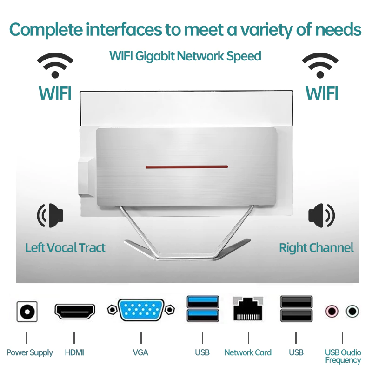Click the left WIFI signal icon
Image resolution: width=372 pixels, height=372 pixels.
pos(55,65)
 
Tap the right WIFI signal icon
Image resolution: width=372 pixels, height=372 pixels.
pos(320,65)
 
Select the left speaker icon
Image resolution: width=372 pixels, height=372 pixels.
pos(50,215)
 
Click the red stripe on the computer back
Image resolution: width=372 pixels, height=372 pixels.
pos(186,166)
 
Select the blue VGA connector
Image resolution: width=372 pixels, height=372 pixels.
pos(141,310)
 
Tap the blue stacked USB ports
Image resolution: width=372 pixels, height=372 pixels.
pos(203,308)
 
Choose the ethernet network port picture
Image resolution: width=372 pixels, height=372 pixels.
pos(248,308)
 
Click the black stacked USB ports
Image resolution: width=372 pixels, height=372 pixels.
pos(296,308)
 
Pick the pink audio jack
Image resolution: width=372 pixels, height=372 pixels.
pos(332,310)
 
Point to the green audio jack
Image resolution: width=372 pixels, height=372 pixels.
pos(352,310)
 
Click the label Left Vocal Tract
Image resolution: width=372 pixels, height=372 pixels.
pos(65,247)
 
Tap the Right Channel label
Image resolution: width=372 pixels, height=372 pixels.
pos(316,247)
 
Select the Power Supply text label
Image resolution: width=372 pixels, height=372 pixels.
pos(30,352)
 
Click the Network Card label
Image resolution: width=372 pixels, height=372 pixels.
pos(248,352)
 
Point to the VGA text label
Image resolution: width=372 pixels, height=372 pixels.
pos(140,352)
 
